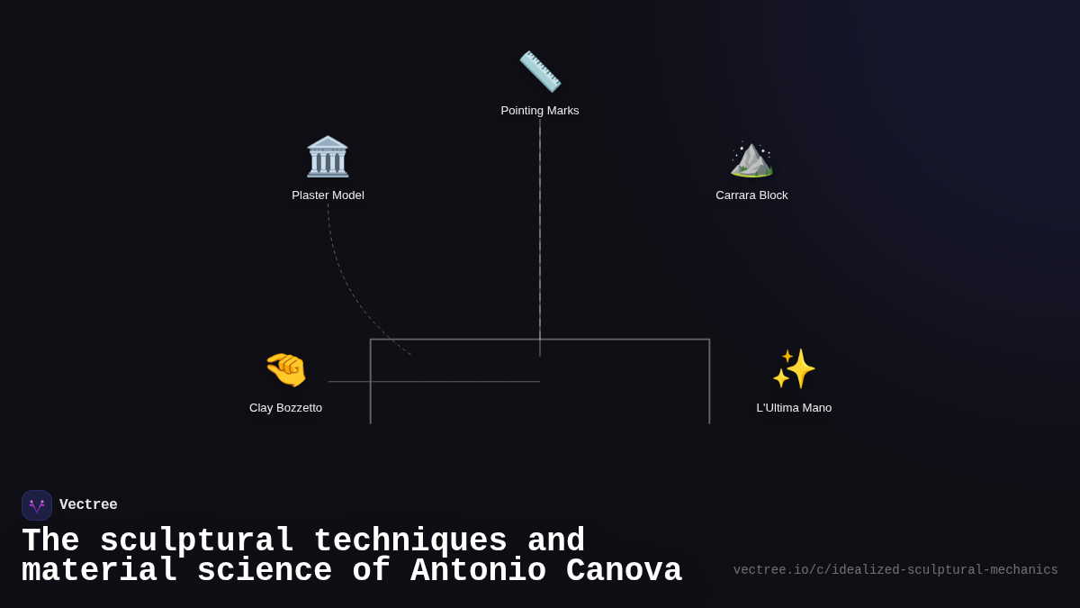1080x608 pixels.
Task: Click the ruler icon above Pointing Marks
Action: (x=540, y=71)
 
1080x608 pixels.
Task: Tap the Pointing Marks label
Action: (x=540, y=111)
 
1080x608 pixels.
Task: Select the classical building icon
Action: (x=328, y=157)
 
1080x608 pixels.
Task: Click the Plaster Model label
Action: (x=328, y=195)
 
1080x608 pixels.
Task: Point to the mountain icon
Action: (x=751, y=159)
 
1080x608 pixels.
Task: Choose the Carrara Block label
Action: (x=751, y=195)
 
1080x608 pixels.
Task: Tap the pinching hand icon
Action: (x=286, y=369)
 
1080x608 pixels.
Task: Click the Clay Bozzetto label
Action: (x=285, y=408)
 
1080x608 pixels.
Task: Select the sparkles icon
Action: (x=794, y=368)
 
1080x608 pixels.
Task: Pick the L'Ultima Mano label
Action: (x=794, y=408)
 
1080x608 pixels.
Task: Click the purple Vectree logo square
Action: (x=37, y=505)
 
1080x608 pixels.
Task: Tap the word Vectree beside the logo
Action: (x=88, y=504)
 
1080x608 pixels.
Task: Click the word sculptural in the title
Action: (x=197, y=540)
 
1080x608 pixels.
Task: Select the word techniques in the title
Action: (x=410, y=540)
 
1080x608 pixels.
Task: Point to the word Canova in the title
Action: (x=624, y=570)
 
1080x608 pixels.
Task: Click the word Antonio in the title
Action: (x=478, y=570)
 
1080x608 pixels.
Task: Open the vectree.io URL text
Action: (x=895, y=570)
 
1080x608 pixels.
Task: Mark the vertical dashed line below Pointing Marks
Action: (x=540, y=238)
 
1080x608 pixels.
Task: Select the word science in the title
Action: (x=265, y=570)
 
